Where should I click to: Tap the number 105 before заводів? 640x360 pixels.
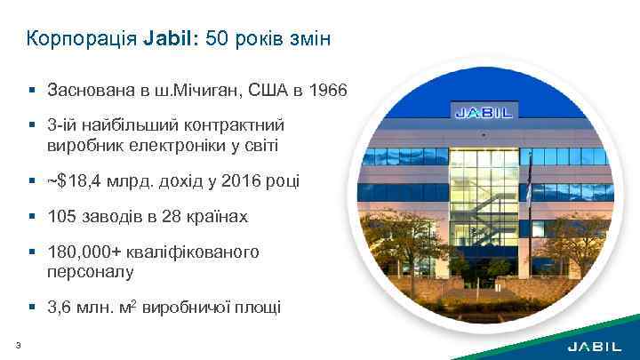[63, 217]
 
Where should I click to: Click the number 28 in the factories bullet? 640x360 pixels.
[174, 217]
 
